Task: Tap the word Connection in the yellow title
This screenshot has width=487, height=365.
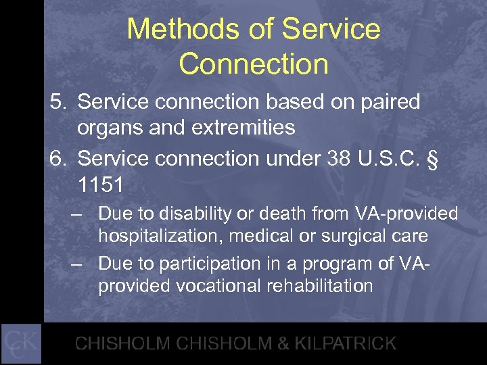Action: click(x=254, y=64)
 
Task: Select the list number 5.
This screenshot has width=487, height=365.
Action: click(x=57, y=102)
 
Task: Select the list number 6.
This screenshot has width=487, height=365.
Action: click(x=57, y=157)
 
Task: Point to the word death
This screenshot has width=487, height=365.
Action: click(x=266, y=214)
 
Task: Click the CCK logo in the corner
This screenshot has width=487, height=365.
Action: click(x=21, y=343)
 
